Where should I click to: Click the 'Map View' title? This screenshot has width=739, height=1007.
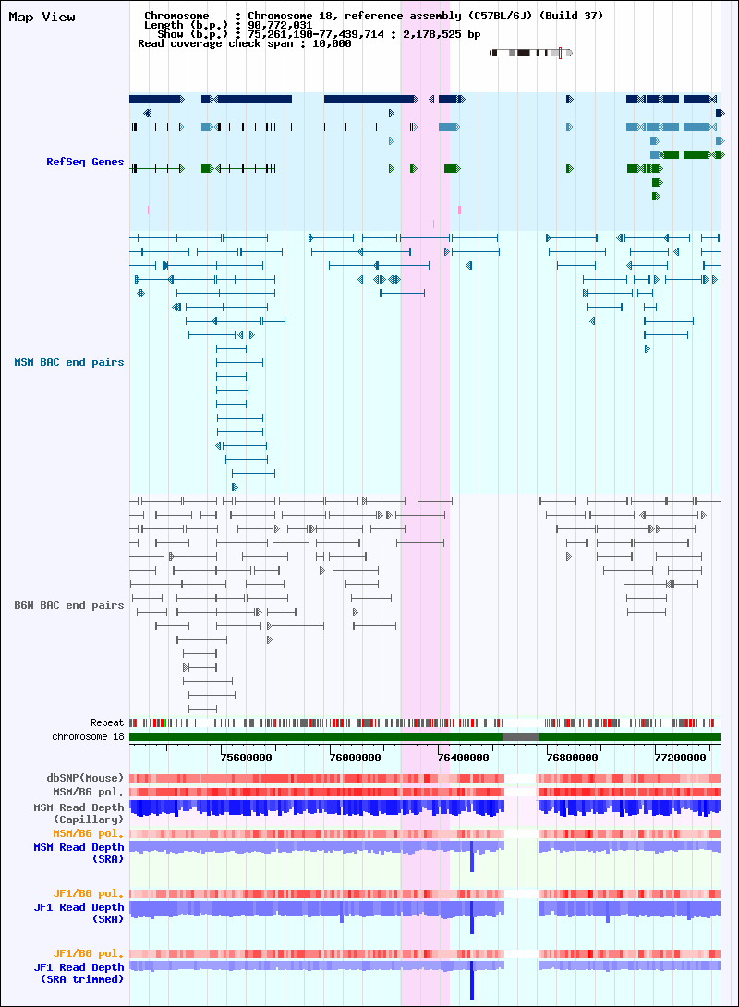click(x=42, y=18)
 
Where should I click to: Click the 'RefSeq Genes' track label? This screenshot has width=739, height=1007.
click(x=85, y=162)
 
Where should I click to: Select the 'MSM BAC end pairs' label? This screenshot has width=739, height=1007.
click(x=68, y=362)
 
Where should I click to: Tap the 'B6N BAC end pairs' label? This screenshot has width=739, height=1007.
click(x=68, y=605)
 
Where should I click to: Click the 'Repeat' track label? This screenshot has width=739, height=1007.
click(x=106, y=722)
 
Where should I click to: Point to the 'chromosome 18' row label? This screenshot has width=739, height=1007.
click(x=88, y=736)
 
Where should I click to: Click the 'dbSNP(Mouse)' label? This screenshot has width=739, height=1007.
click(x=85, y=778)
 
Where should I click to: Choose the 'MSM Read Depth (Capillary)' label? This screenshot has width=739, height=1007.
click(x=79, y=813)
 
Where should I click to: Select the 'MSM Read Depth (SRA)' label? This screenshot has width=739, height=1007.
click(x=79, y=853)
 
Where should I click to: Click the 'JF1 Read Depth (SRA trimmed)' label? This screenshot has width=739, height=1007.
click(x=79, y=973)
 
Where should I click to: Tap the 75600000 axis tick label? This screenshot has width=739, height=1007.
click(x=246, y=758)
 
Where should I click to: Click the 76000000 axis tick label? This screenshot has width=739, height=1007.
click(x=355, y=758)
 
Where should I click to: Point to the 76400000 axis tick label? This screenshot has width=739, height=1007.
click(x=463, y=758)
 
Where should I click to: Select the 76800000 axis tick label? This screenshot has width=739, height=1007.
click(x=572, y=758)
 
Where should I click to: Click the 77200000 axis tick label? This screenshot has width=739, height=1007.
click(x=681, y=758)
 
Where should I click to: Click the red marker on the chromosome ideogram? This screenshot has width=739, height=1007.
click(x=560, y=53)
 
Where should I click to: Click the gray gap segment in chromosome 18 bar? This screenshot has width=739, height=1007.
click(x=520, y=736)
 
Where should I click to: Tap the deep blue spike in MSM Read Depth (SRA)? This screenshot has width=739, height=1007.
click(x=472, y=856)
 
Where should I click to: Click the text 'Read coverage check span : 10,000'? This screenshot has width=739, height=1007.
click(x=245, y=43)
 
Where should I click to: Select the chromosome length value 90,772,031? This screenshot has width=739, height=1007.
click(x=280, y=25)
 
